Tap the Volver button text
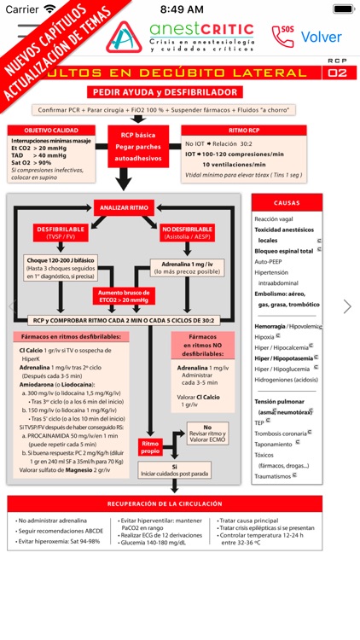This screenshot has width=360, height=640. [x=321, y=37]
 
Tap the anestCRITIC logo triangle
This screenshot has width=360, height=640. [x=129, y=38]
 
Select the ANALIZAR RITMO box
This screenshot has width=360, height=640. [x=124, y=207]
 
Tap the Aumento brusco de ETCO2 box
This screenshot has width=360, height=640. [x=125, y=296]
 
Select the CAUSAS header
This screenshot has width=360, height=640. [x=287, y=203]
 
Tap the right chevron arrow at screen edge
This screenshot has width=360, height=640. [x=347, y=306]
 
